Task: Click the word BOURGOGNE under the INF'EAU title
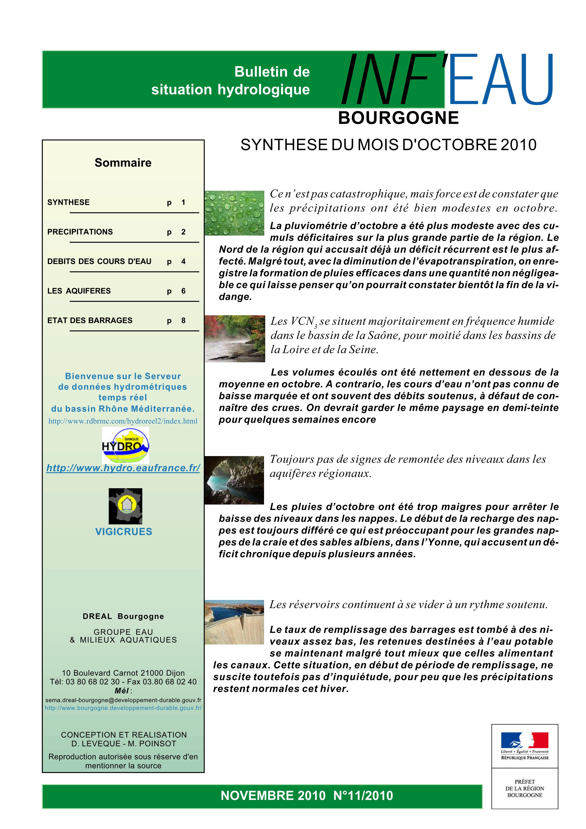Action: (398, 118)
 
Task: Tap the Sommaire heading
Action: (123, 163)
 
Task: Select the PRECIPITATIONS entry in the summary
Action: (80, 232)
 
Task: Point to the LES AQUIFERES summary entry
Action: (79, 291)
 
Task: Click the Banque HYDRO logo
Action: (125, 445)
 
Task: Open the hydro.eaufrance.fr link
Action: (123, 468)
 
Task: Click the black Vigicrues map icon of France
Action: (125, 506)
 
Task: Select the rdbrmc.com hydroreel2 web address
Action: (123, 421)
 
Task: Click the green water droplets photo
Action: (234, 213)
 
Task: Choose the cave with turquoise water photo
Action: (234, 480)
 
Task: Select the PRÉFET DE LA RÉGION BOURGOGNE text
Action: (525, 788)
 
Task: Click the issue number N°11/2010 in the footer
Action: (363, 796)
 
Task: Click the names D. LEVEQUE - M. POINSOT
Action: (123, 743)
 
